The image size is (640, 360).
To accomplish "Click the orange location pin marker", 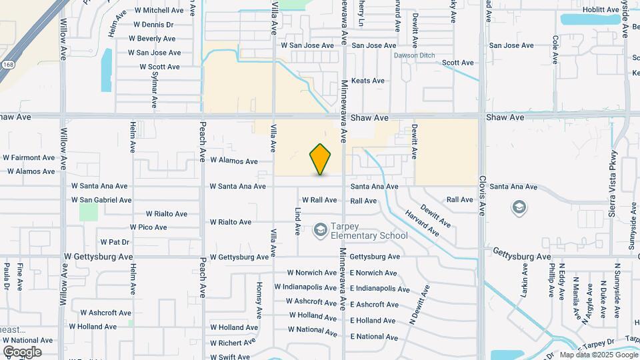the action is pyautogui.click(x=321, y=159).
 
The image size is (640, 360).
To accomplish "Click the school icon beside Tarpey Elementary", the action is pyautogui.click(x=320, y=230).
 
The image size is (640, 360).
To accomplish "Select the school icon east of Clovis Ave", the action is pyautogui.click(x=519, y=208).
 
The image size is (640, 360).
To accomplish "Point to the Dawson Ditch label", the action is pyautogui.click(x=413, y=55).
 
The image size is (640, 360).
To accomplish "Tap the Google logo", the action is pyautogui.click(x=22, y=352).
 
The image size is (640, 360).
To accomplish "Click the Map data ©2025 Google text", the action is pyautogui.click(x=598, y=355).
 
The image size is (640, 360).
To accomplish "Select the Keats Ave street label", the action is pyautogui.click(x=368, y=81).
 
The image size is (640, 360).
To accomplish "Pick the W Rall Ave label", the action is pyautogui.click(x=320, y=200).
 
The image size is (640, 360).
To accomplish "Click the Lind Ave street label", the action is pyautogui.click(x=298, y=221).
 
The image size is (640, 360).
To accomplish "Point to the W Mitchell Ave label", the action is pyautogui.click(x=159, y=11).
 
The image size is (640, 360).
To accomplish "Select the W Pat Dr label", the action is pyautogui.click(x=114, y=241).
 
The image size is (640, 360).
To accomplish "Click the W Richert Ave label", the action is pyautogui.click(x=233, y=343).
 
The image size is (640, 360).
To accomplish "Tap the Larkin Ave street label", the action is pyautogui.click(x=525, y=280).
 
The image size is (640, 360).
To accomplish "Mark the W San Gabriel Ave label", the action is pyautogui.click(x=101, y=200).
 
